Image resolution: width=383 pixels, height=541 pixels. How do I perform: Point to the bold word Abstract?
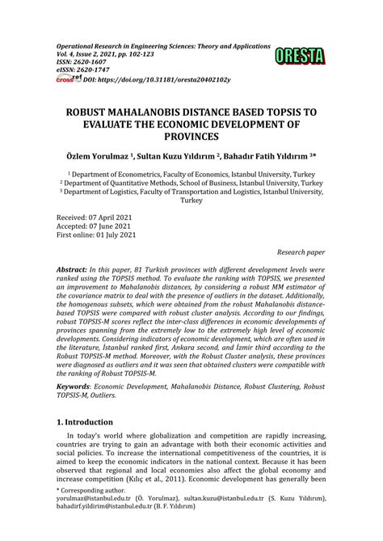(76, 266)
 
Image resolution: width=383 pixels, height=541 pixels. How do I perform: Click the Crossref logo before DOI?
(62, 79)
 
